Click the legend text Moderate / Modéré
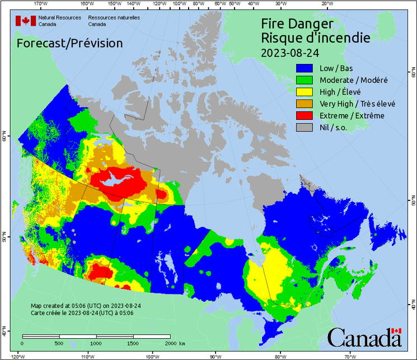353,80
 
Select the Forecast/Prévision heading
69,43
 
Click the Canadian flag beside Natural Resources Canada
25,21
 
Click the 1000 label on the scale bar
96,343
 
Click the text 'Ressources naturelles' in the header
114,17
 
